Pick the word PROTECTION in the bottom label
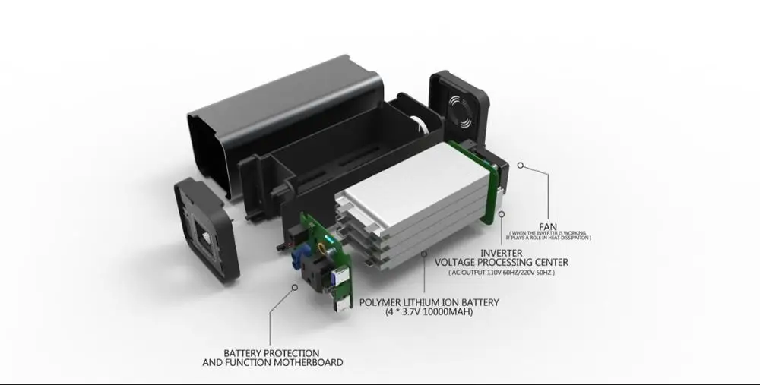pyautogui.click(x=287, y=353)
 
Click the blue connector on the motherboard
pyautogui.click(x=296, y=263)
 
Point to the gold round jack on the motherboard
pyautogui.click(x=328, y=245)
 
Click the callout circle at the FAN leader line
pyautogui.click(x=521, y=163)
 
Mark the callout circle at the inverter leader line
pyautogui.click(x=501, y=215)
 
